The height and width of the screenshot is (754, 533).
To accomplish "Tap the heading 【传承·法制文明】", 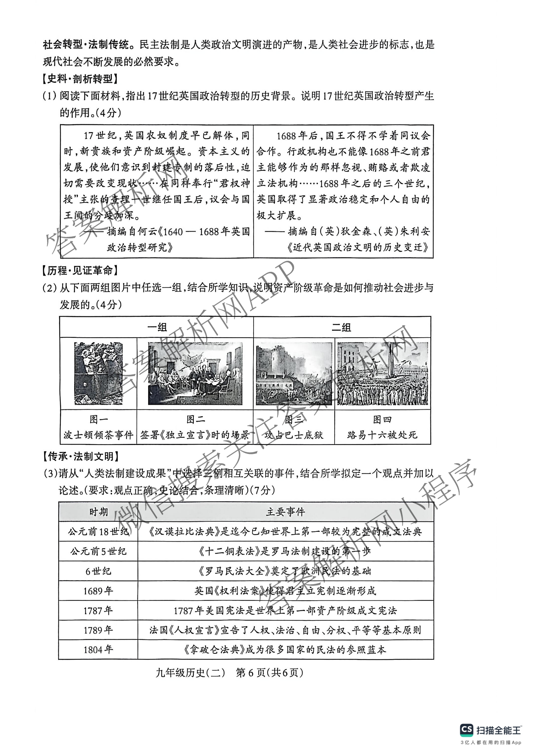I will tap(81, 456).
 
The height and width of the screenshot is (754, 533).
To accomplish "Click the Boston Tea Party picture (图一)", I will tap(98, 373).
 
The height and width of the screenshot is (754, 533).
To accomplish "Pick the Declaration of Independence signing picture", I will tap(195, 373).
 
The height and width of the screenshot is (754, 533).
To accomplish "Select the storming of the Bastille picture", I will tap(294, 373).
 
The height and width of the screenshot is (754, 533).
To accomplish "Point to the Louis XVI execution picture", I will tap(383, 373).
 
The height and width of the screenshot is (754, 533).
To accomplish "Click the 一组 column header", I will tap(157, 327).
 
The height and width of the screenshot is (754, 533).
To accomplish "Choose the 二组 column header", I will tap(342, 327).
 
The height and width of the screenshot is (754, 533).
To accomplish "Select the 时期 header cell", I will tap(98, 512).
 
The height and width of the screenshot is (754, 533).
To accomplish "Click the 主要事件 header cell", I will tap(285, 512).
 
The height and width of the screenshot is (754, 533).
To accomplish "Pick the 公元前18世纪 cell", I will tap(98, 531).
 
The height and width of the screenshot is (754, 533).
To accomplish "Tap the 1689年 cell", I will tap(98, 591).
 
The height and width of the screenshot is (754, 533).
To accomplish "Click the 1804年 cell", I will tap(98, 650).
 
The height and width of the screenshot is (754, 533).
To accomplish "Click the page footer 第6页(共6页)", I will tap(269, 673).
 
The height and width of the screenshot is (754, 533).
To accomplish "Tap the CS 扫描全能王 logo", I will tap(490, 730).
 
